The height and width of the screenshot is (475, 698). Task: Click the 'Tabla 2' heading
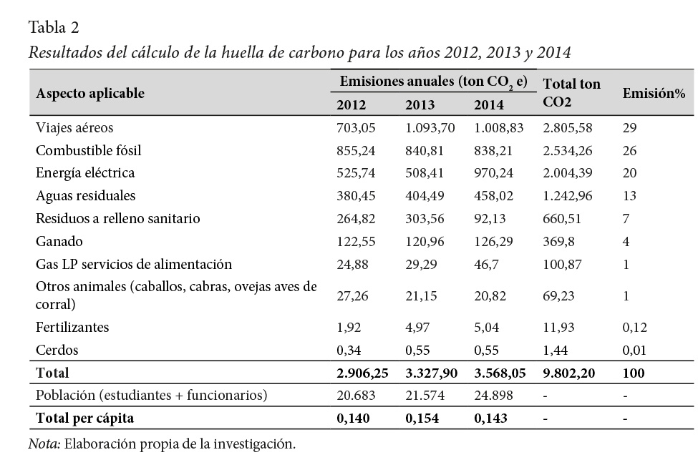click(54, 28)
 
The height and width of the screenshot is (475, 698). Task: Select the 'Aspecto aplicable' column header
click(90, 93)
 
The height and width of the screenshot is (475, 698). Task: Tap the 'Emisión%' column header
click(654, 94)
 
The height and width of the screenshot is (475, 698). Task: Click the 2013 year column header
click(420, 105)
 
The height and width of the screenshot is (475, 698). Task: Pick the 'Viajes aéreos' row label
click(74, 128)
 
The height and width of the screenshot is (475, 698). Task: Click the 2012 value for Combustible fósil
click(356, 151)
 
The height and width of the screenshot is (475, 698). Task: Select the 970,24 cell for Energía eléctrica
click(493, 173)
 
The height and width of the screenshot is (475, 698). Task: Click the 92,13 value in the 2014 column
click(490, 218)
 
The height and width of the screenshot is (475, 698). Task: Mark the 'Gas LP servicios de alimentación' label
click(134, 264)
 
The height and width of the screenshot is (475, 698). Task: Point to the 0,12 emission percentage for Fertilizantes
click(635, 328)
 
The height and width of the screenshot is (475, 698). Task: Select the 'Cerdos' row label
click(57, 351)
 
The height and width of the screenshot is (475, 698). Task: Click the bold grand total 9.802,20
click(571, 373)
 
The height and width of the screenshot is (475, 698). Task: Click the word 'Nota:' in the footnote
click(44, 444)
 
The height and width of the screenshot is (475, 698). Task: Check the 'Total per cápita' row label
click(85, 418)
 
